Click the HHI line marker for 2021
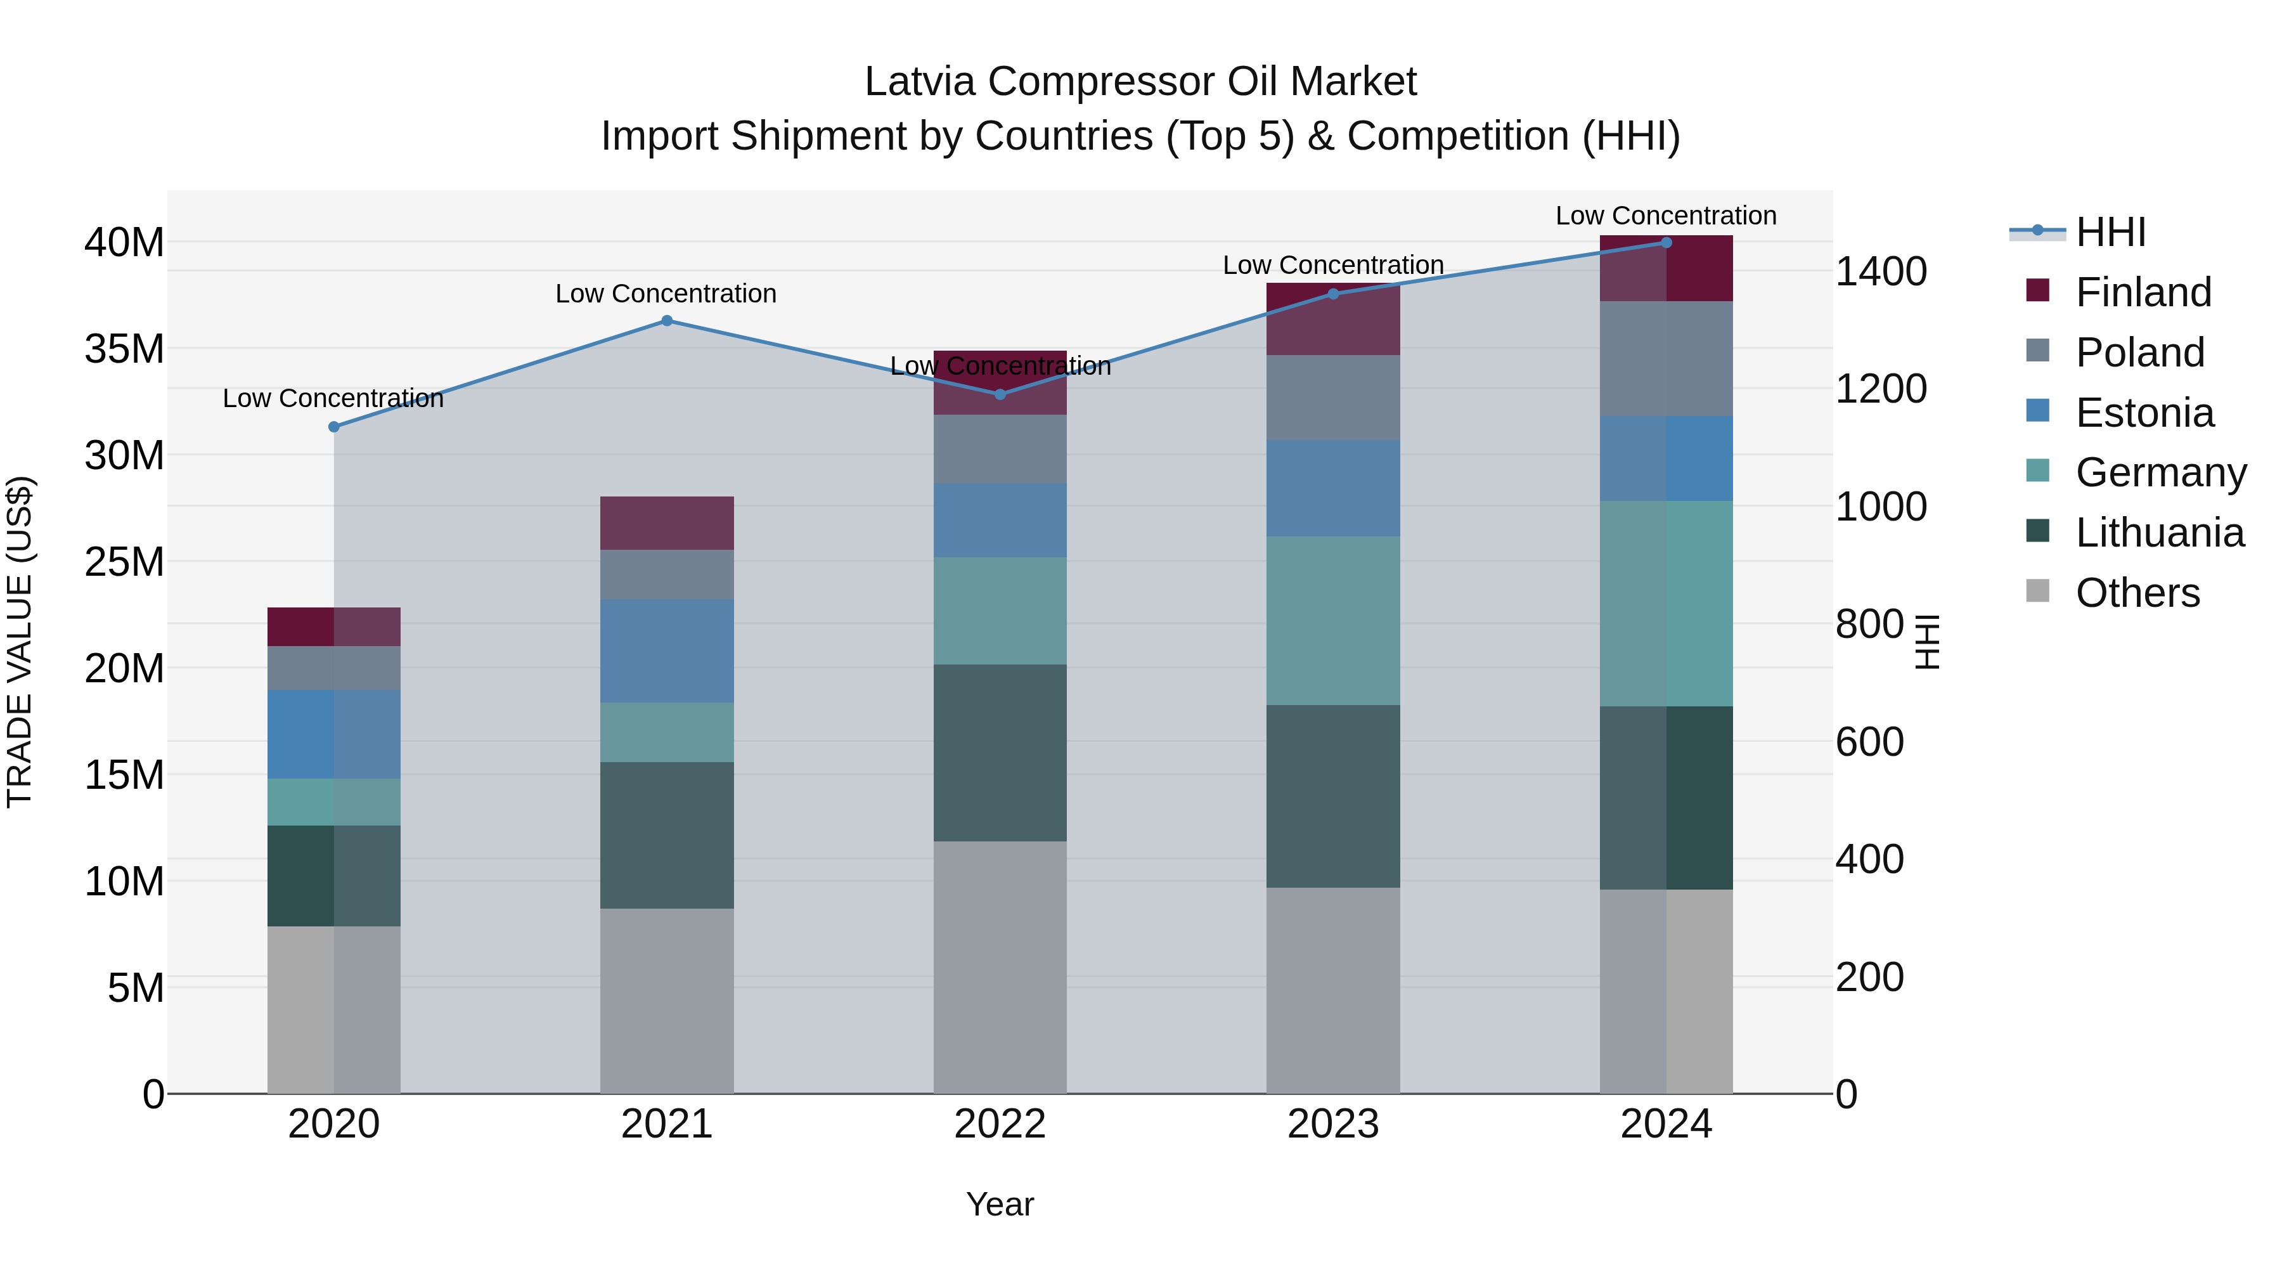pos(667,321)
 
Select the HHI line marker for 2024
pos(1666,243)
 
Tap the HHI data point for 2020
pos(334,427)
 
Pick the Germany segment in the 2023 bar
pos(1333,620)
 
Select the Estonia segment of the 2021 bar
pos(667,651)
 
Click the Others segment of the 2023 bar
pos(1333,990)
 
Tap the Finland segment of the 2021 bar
pos(667,523)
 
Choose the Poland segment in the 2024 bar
pos(1666,358)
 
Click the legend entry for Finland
pos(2143,292)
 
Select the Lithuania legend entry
pos(2159,533)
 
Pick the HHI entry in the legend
pos(2110,232)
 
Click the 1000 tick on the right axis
pos(1881,507)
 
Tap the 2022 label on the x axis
pos(1000,1124)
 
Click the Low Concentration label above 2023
pos(1333,265)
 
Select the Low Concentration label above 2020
pos(333,399)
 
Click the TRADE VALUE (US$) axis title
pos(20,642)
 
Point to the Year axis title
pos(1000,1204)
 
